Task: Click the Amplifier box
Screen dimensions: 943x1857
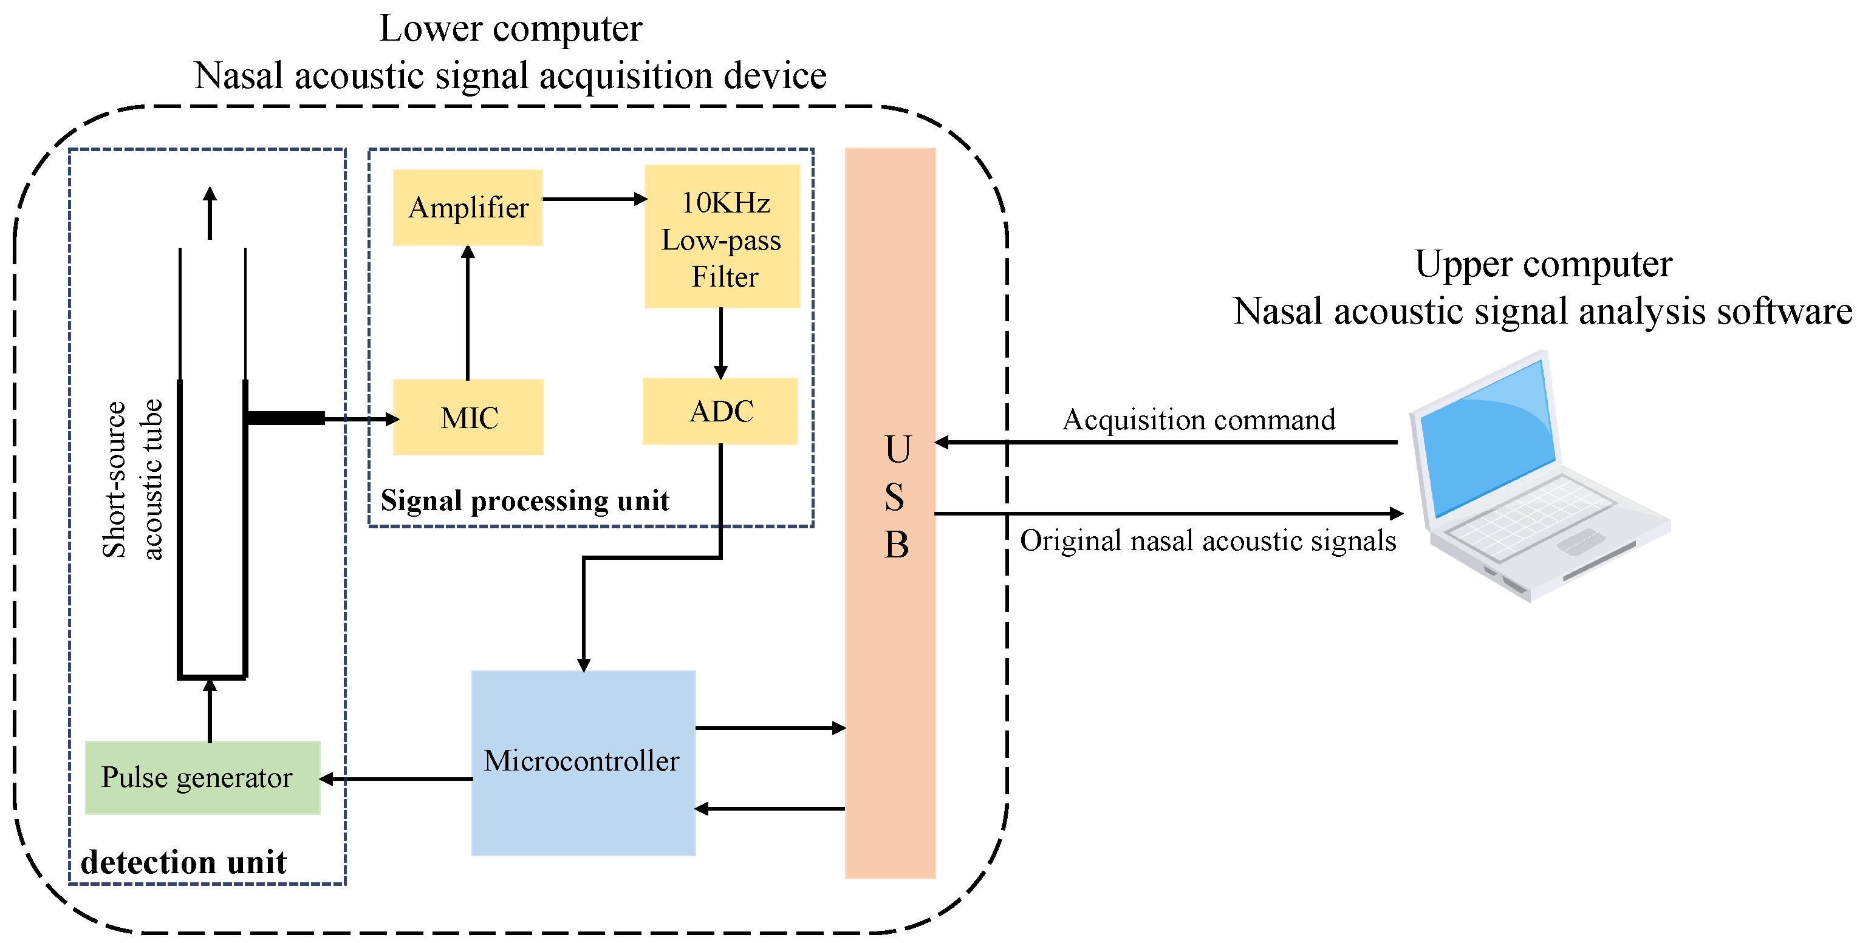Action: pos(467,208)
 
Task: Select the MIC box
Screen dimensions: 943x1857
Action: pos(468,417)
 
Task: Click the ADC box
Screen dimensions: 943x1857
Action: pos(720,411)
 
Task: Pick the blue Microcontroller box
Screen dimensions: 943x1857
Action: pos(583,762)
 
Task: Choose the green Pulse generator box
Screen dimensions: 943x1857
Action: pos(202,777)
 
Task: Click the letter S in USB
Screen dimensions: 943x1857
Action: pos(894,497)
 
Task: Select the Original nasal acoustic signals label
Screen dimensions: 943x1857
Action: pos(1208,541)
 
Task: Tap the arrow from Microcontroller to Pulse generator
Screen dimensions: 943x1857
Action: pos(397,779)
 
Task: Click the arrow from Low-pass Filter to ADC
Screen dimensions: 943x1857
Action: pos(720,342)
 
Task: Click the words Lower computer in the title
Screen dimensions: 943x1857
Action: pos(510,29)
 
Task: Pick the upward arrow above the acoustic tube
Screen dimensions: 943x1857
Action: pos(210,213)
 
